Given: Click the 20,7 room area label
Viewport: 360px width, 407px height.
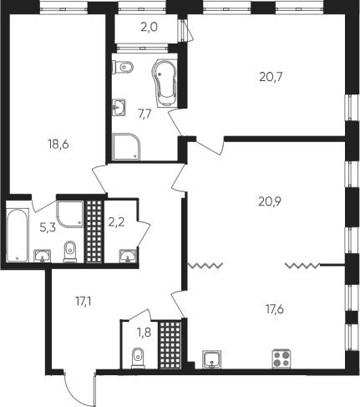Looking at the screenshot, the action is [271, 77].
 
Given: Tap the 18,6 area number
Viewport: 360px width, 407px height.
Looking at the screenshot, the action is [58, 145].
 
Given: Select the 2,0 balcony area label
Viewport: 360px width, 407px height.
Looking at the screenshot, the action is [149, 28].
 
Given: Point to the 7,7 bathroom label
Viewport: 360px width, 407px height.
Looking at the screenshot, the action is [145, 114].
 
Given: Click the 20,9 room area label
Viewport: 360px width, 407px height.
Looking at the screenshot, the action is [270, 201].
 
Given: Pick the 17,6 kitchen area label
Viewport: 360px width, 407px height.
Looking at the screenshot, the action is [275, 309].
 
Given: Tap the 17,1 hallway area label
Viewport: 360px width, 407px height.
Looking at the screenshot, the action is [84, 301].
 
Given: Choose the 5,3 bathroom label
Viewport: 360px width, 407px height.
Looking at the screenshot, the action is [48, 228].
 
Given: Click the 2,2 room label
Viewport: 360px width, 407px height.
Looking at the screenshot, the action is [116, 222].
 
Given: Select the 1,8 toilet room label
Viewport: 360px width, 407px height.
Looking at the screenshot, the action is [144, 333].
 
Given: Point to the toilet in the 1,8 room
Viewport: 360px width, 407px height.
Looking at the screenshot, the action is [138, 358].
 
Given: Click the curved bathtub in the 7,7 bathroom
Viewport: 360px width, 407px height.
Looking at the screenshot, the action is [165, 83].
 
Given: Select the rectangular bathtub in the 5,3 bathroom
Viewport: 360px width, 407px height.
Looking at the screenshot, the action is [18, 236].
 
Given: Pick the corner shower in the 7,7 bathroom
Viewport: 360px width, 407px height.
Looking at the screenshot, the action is [126, 146].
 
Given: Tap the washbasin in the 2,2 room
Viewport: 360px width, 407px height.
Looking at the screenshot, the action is [128, 256].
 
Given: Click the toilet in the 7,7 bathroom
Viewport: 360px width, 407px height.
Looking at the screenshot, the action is [123, 67].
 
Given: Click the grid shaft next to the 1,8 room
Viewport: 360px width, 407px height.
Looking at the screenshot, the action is [170, 344].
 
